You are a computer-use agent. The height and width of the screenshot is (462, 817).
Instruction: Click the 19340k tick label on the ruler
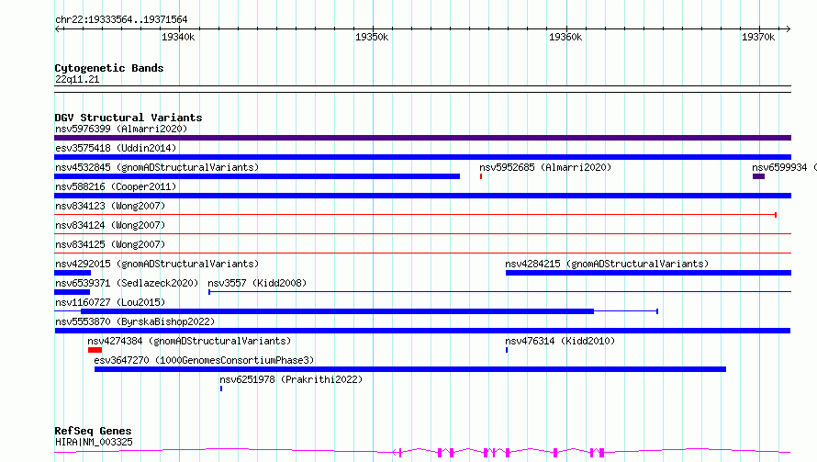point(178,37)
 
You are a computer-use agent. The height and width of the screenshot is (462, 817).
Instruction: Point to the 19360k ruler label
point(565,37)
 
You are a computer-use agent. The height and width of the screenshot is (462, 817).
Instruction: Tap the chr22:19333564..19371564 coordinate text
point(121,20)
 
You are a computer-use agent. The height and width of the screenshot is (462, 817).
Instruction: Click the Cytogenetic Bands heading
point(109,68)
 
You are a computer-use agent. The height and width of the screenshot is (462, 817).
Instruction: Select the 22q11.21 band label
point(77,79)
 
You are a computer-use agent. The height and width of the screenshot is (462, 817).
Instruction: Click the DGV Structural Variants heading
point(129,118)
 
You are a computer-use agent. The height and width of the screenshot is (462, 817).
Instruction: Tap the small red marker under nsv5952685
point(481,176)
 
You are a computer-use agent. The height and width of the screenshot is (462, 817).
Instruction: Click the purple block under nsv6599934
point(758,176)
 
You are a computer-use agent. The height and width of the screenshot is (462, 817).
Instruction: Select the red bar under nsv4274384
point(95,350)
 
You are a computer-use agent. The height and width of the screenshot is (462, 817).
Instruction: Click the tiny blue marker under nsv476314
point(507,350)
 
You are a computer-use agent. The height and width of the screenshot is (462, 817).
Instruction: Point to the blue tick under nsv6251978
point(221,389)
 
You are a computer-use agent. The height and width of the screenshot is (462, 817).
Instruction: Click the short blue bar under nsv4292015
point(73,273)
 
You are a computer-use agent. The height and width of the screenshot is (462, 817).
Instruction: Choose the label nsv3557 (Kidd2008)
point(257,283)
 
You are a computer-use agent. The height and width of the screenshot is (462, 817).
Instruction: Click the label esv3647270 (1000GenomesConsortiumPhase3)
point(204,360)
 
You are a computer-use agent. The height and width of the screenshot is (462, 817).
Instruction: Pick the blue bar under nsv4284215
point(648,273)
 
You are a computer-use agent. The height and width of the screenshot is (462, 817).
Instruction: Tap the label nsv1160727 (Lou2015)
point(110,302)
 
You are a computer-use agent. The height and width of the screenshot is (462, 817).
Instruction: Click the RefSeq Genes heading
point(93,432)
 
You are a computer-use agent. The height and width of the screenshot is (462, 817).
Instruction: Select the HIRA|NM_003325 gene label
point(94,442)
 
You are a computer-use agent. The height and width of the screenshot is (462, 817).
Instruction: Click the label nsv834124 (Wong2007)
point(110,225)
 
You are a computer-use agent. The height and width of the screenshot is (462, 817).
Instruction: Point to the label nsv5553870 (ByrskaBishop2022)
point(135,321)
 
